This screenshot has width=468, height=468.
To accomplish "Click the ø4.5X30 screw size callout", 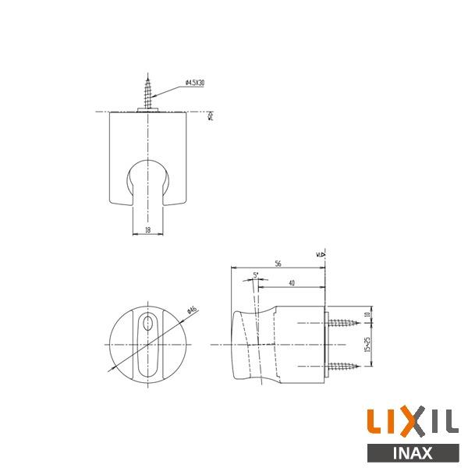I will pos(195,83).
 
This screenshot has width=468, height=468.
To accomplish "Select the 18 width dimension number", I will pos(147,229).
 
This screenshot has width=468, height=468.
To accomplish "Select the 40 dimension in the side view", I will pos(290,282).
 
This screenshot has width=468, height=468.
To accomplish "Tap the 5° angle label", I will pos(256,275).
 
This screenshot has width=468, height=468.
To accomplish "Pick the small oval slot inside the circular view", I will pos(146,326).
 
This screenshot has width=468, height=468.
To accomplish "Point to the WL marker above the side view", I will pos(321,253).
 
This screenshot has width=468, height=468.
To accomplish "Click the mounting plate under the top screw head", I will pos(146,110).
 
